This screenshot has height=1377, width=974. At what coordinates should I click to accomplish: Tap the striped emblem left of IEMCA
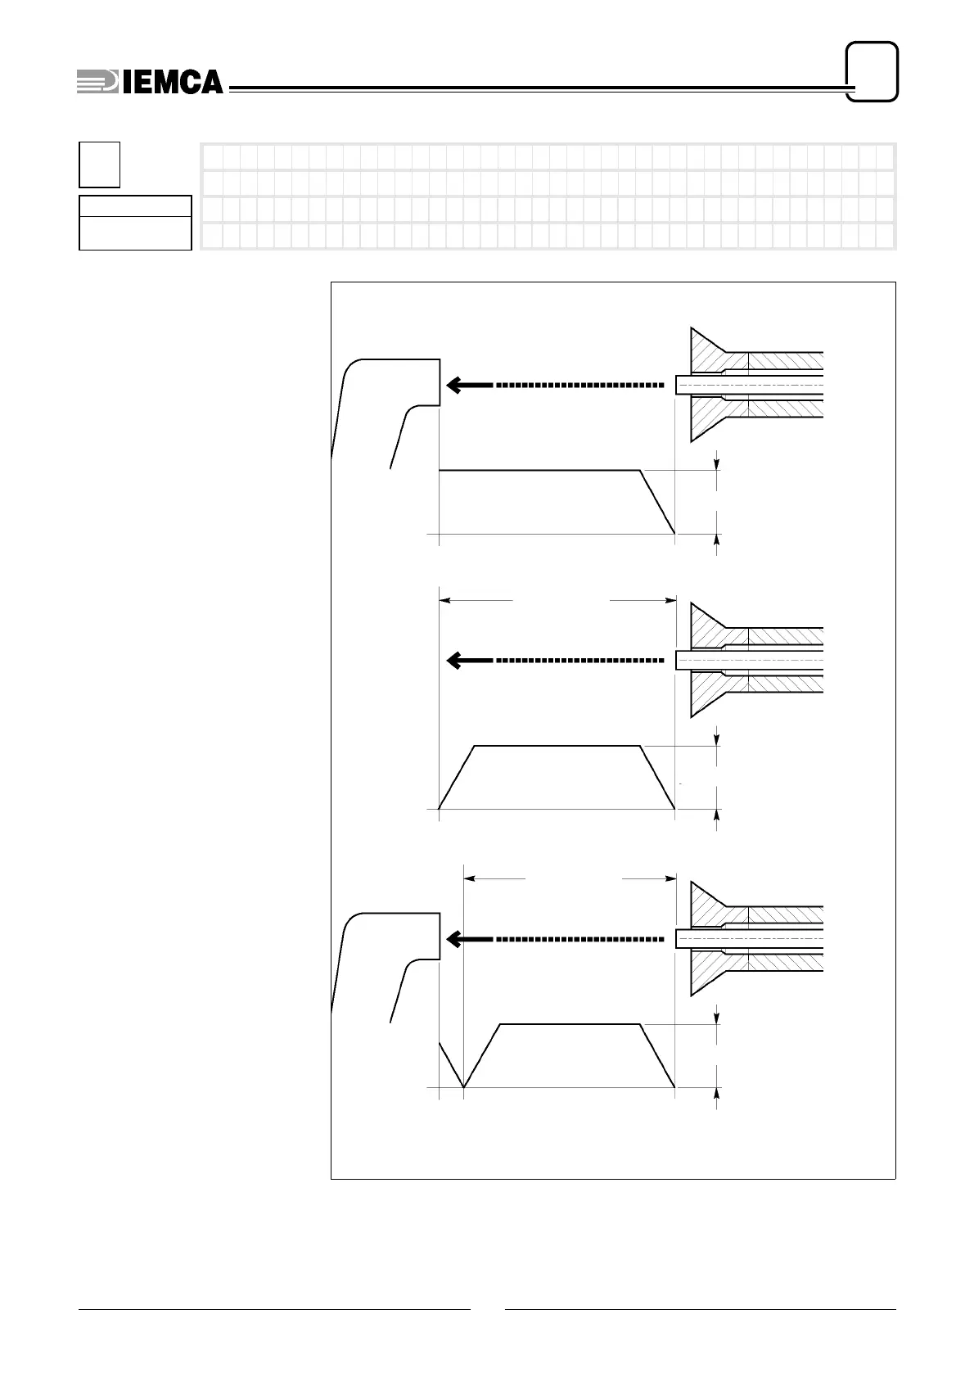coord(97,82)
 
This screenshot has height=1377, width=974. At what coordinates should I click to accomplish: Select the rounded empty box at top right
coord(872,71)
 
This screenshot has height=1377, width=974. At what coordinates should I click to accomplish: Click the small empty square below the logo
coord(99,164)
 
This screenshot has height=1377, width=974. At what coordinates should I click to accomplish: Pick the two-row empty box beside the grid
coord(135,222)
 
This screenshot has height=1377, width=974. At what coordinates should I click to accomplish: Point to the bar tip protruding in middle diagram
coord(683,660)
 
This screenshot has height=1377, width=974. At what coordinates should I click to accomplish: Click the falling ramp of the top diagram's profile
coord(657,502)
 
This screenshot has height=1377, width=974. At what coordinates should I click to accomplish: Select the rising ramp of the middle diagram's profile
coord(458,777)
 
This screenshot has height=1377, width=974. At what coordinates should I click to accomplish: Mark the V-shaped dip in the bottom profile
coord(463,1082)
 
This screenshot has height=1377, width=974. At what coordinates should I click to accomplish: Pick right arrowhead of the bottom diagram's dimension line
coord(670,879)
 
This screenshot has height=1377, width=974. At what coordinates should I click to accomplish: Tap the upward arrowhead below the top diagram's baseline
coord(718,540)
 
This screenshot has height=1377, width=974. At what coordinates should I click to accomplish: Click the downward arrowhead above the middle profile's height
coord(718,740)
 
